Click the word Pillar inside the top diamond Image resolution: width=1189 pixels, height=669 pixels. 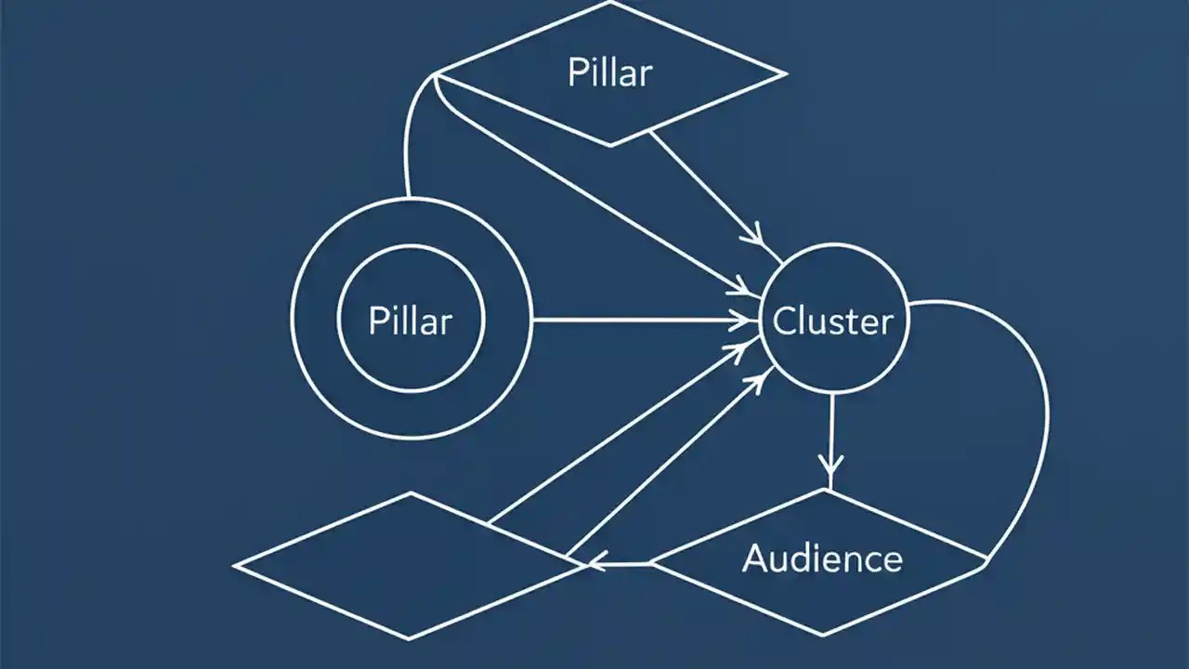click(609, 72)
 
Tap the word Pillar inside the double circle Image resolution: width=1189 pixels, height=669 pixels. click(410, 321)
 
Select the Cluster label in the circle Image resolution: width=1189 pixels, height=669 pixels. click(833, 321)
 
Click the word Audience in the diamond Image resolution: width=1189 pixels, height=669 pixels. click(822, 558)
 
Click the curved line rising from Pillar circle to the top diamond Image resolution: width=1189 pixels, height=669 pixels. click(409, 139)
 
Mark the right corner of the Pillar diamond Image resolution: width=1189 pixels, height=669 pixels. click(786, 72)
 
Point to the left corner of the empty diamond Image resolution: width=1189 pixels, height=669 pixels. click(234, 565)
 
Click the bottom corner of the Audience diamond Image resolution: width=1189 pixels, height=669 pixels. click(823, 636)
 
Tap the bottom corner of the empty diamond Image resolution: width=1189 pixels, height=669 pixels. click(409, 638)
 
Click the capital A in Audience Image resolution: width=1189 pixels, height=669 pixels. click(754, 558)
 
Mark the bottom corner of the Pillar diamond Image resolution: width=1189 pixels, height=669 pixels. click(609, 145)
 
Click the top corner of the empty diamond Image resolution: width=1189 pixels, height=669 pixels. click(410, 493)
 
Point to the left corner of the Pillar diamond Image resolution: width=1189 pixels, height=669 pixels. click(437, 73)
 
